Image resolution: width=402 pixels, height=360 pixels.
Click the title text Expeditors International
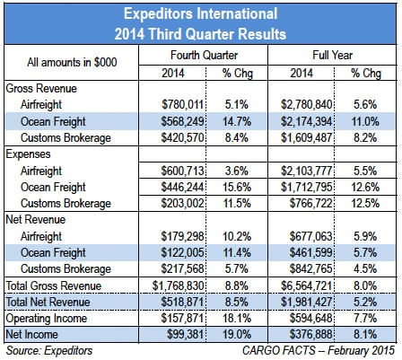[201, 14]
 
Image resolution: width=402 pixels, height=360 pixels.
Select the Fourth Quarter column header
[204, 55]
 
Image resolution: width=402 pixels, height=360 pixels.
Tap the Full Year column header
[332, 55]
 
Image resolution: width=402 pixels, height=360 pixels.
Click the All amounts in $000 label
[72, 62]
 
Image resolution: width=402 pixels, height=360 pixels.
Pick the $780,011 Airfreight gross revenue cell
[182, 105]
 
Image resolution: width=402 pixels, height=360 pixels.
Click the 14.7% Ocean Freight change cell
[237, 121]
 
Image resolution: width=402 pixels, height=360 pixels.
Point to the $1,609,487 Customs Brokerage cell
[306, 138]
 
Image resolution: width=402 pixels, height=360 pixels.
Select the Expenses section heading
[28, 154]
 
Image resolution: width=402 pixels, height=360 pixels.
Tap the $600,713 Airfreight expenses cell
[182, 171]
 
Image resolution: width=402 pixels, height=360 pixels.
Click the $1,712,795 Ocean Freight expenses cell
[306, 188]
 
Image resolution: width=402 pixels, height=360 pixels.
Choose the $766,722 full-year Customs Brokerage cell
[310, 204]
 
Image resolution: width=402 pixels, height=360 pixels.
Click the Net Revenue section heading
[36, 220]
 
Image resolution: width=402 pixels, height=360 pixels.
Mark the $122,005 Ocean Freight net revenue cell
[182, 253]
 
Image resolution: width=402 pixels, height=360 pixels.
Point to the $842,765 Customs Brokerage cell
[310, 269]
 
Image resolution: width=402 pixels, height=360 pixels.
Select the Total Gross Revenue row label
[54, 285]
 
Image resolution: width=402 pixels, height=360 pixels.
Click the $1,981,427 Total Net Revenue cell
[306, 302]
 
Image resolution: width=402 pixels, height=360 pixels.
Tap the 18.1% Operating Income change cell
[237, 318]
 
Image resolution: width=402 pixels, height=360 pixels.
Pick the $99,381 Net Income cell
[185, 335]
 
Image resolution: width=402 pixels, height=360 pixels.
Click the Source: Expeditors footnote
[49, 351]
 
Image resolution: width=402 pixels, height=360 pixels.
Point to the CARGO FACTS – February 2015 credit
[319, 350]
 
